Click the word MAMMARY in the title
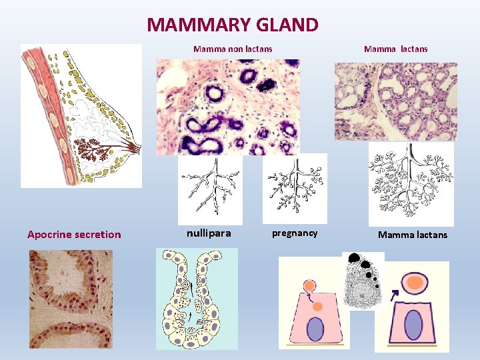tap(199, 25)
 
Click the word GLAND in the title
tap(288, 25)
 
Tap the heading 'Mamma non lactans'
tap(233, 49)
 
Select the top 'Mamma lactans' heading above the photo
tap(395, 49)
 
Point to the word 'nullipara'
tap(209, 233)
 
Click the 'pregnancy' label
tap(295, 233)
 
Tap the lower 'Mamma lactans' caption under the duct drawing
tap(413, 235)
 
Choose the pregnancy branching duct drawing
tap(294, 187)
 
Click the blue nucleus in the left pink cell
tap(315, 330)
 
